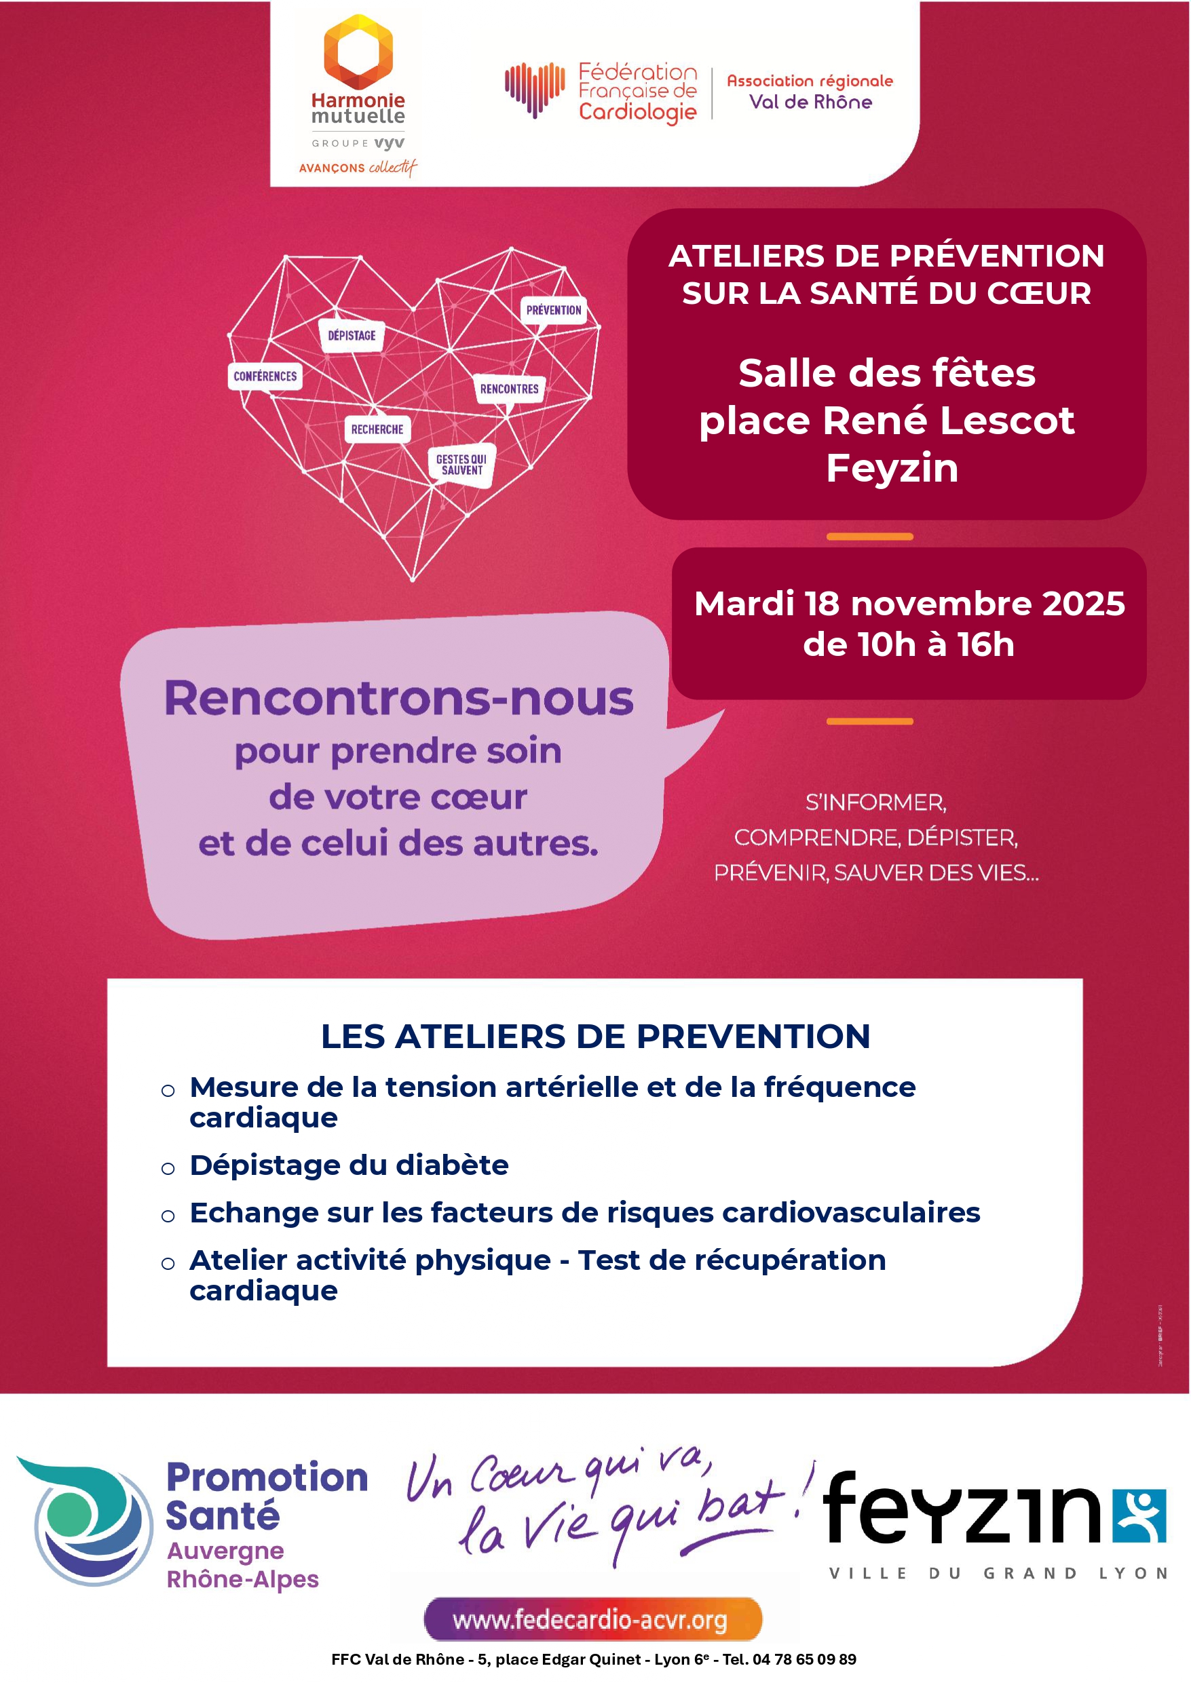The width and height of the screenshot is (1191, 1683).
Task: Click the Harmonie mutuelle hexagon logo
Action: [x=358, y=50]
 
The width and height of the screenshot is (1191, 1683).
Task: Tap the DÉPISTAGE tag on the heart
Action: [x=352, y=336]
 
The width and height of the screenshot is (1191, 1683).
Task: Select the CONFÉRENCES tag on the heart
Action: [x=265, y=376]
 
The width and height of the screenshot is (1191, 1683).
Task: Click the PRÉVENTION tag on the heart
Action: [x=553, y=310]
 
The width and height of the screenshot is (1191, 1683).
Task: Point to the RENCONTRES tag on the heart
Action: [x=509, y=389]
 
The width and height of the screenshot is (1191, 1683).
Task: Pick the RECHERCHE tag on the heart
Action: [x=377, y=429]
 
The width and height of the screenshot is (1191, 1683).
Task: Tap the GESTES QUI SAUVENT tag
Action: [x=461, y=465]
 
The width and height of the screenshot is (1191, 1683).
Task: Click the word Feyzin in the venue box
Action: [x=892, y=467]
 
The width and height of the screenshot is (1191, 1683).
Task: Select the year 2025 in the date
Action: [x=1083, y=603]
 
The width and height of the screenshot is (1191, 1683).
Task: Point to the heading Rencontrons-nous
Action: [x=398, y=698]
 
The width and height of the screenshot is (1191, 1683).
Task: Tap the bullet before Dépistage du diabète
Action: [x=168, y=1168]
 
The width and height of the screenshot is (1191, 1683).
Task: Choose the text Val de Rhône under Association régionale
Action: [x=810, y=102]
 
